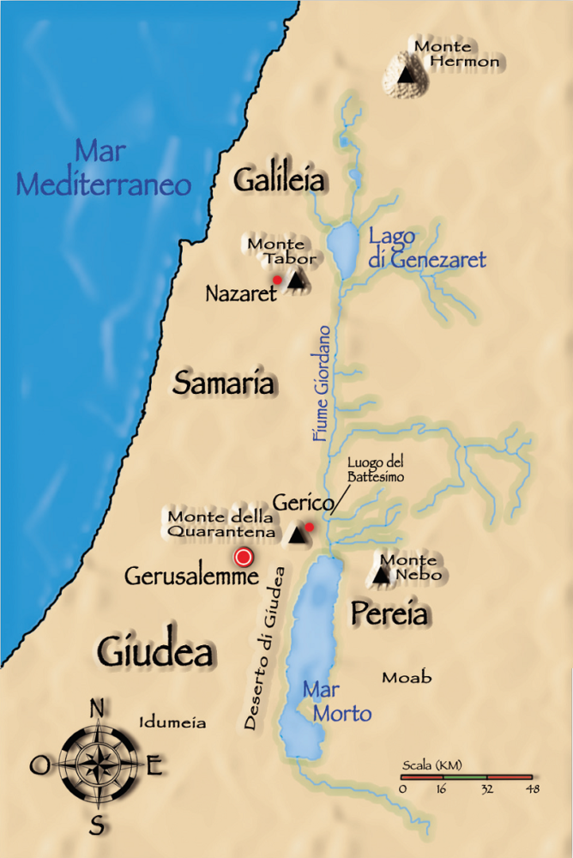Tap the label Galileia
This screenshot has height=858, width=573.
tap(280, 180)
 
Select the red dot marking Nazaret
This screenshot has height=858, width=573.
tap(277, 280)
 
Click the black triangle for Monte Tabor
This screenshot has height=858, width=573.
tap(297, 280)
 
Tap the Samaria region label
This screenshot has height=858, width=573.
tap(224, 383)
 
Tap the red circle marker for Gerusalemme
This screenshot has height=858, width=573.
tap(244, 558)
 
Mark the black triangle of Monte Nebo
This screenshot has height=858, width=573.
tap(382, 575)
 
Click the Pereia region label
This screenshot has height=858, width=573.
tap(389, 613)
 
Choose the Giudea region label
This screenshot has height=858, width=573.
tap(155, 651)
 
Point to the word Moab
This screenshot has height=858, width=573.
tap(407, 678)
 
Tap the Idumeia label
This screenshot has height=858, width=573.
tap(172, 722)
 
